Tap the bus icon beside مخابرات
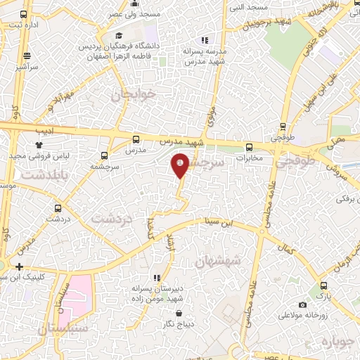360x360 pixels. pos(250,148)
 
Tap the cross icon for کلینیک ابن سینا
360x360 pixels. pos(19,266)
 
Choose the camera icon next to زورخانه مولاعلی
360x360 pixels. pos(302,305)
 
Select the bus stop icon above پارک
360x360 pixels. pos(323,285)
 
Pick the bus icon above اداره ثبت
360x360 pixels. pos(24,14)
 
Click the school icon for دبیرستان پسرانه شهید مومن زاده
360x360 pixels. pos(156,278)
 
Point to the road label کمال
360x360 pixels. pos(285,250)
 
